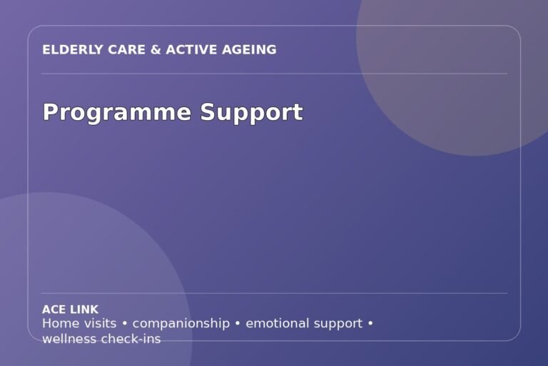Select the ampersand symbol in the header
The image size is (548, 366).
pos(156,50)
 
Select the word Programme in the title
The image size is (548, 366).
pos(117,113)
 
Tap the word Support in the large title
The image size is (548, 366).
pos(252,113)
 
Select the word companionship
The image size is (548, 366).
pos(181,324)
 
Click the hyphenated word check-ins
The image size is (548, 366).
pos(131,339)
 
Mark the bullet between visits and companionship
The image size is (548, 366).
pos(125,324)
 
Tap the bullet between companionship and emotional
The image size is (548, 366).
pos(238,324)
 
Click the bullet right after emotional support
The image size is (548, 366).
pos(371,324)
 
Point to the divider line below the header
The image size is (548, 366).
pos(274,74)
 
